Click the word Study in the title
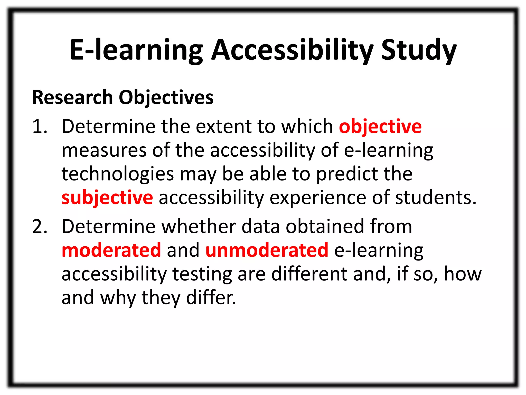(x=419, y=50)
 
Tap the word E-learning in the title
(x=136, y=50)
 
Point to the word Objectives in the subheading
(x=166, y=98)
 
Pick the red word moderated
(x=111, y=250)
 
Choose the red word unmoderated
(x=267, y=250)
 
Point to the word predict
(x=347, y=174)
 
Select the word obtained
(x=325, y=227)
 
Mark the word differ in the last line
(x=211, y=298)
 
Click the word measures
(x=104, y=151)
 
